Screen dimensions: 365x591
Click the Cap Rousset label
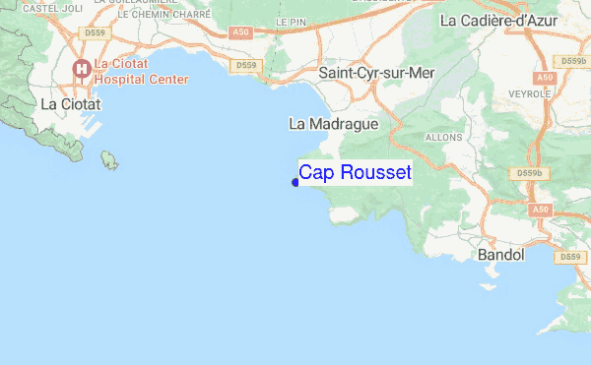click(x=355, y=173)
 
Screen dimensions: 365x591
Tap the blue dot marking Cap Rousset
click(x=295, y=181)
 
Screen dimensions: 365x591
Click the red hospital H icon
click(x=81, y=68)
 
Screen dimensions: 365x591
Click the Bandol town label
click(x=499, y=255)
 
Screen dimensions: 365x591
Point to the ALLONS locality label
click(x=443, y=138)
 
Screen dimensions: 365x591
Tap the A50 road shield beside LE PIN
click(x=240, y=32)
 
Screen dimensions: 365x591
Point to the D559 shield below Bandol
click(x=566, y=257)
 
